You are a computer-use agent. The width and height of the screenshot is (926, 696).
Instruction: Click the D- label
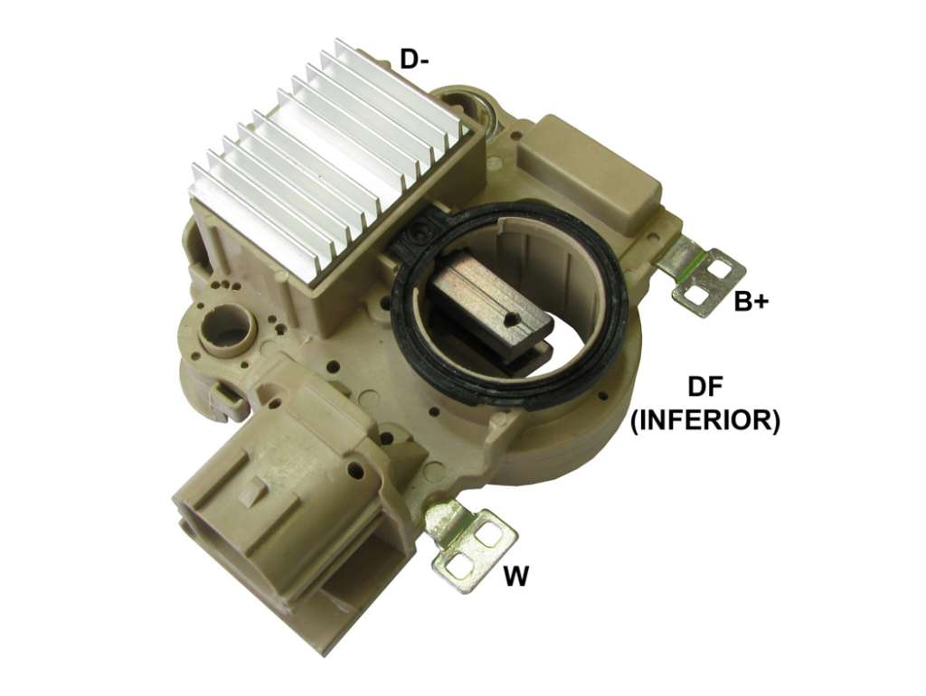click(414, 60)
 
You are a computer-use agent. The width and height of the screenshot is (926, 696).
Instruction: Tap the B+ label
click(751, 301)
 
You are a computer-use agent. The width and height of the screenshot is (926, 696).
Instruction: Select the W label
click(516, 576)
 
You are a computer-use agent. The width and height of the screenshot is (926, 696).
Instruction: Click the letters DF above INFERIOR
click(705, 387)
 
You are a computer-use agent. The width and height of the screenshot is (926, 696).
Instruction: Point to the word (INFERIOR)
click(705, 421)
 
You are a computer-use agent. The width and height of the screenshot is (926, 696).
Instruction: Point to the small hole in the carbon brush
click(510, 320)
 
